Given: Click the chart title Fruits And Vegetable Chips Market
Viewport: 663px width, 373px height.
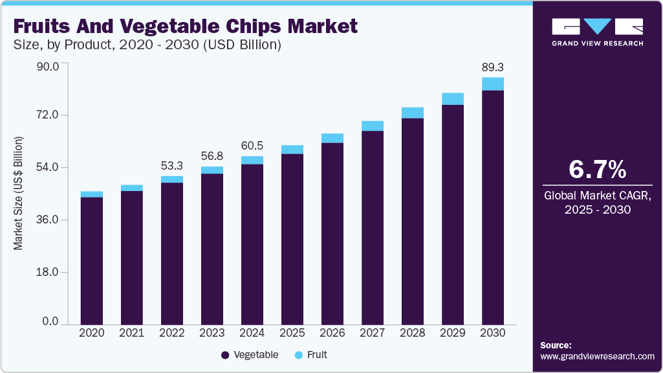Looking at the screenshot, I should [185, 27].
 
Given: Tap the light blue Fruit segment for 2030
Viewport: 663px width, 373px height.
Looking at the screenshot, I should [493, 84].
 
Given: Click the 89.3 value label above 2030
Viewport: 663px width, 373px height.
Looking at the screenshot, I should [493, 66].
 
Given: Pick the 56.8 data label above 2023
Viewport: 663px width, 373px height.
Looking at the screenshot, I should [212, 155].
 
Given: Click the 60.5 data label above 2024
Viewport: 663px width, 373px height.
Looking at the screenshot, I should [252, 145].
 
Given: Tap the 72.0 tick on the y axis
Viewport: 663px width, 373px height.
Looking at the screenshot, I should [47, 115].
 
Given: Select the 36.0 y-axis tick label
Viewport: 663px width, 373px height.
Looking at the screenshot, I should [47, 220].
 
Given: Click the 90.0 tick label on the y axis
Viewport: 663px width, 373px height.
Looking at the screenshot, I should [47, 66].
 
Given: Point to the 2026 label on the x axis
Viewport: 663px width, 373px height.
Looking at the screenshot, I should [332, 333].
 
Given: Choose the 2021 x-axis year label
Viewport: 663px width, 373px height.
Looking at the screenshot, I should [132, 333].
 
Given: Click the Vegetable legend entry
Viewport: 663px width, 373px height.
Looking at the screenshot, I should [250, 355].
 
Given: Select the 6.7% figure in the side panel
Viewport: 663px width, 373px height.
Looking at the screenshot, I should [597, 169].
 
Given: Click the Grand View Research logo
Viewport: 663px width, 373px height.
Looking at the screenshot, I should [597, 31].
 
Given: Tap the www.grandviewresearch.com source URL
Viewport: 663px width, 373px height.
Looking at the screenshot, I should [597, 356].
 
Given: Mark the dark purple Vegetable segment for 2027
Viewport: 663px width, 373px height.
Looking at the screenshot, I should [373, 227].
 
